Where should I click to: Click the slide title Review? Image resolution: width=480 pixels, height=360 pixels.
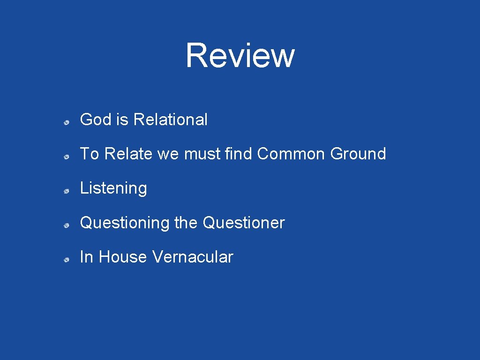[x=240, y=55]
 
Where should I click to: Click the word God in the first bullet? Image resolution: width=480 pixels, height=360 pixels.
[x=96, y=120]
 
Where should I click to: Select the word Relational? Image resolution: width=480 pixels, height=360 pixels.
[x=170, y=120]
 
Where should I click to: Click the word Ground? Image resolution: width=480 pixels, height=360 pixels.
[x=358, y=154]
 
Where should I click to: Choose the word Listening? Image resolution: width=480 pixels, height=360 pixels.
[x=113, y=188]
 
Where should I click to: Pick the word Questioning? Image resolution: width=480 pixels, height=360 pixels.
[x=125, y=223]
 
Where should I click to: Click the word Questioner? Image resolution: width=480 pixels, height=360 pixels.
[x=244, y=223]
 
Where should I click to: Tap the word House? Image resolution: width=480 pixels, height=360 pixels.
[x=123, y=257]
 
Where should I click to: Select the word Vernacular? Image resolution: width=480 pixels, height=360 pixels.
[x=193, y=257]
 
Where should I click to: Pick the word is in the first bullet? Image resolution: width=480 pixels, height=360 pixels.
[x=122, y=120]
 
